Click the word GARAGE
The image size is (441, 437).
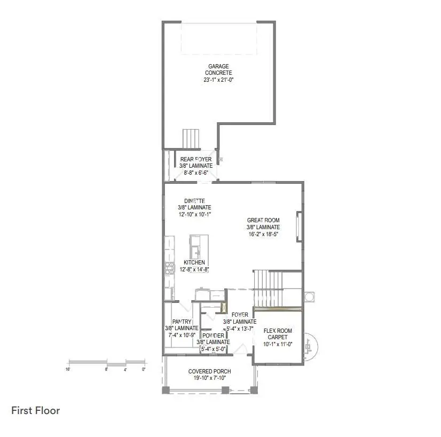(x=219, y=67)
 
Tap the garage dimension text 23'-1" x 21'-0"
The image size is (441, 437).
(x=219, y=79)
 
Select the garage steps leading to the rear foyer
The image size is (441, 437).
(x=191, y=138)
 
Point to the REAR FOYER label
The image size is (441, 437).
(x=196, y=159)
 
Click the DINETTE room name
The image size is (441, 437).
(x=194, y=201)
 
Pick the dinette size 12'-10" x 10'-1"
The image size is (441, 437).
(x=194, y=214)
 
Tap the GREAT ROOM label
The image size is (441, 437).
(x=264, y=220)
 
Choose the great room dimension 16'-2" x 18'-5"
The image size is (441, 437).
(x=264, y=233)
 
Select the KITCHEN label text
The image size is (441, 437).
(x=194, y=263)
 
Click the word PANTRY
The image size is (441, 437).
(x=182, y=322)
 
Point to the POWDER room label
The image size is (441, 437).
(x=213, y=335)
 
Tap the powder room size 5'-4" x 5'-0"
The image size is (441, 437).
(x=213, y=349)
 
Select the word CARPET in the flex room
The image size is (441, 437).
(x=278, y=338)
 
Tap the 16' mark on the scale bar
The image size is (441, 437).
(x=68, y=369)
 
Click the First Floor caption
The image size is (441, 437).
(x=36, y=410)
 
